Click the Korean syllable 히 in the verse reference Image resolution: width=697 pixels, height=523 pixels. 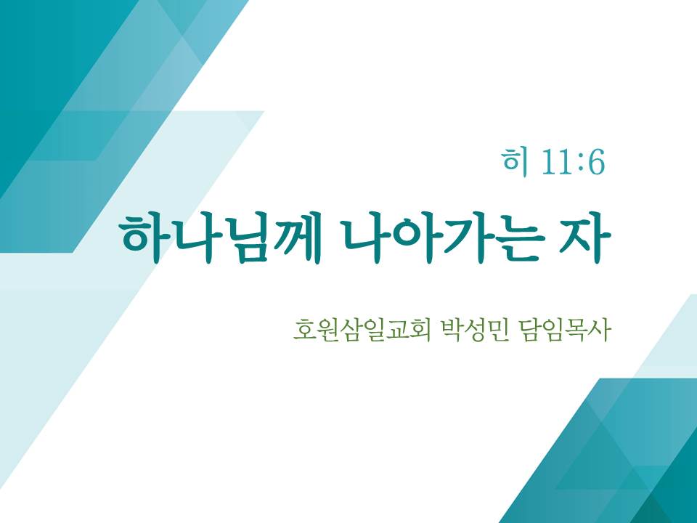pos(515,162)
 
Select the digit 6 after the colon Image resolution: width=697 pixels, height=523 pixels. pos(595,162)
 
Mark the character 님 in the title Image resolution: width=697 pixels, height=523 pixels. pos(246,238)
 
